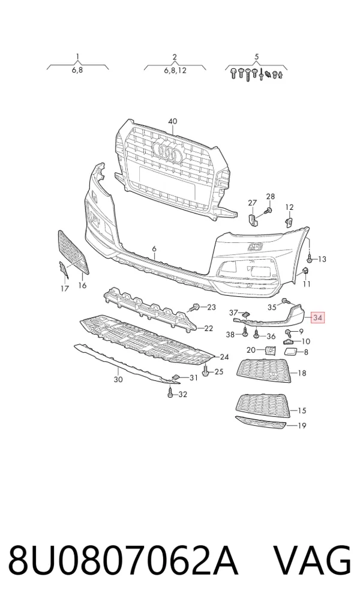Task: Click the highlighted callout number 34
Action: point(317,318)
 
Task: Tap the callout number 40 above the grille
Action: point(172,121)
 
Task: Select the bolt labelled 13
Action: point(310,258)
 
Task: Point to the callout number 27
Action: point(253,202)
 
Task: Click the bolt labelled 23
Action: point(194,307)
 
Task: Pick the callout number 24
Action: point(224,357)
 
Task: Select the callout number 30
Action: point(118,379)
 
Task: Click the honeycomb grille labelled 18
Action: point(264,371)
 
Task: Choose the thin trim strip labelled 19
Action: point(260,422)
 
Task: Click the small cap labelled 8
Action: point(290,352)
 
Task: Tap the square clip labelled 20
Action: point(269,350)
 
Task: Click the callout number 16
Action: point(82,286)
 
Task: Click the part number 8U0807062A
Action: point(123,561)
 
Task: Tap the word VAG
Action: point(313,561)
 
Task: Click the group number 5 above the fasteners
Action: point(256,57)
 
